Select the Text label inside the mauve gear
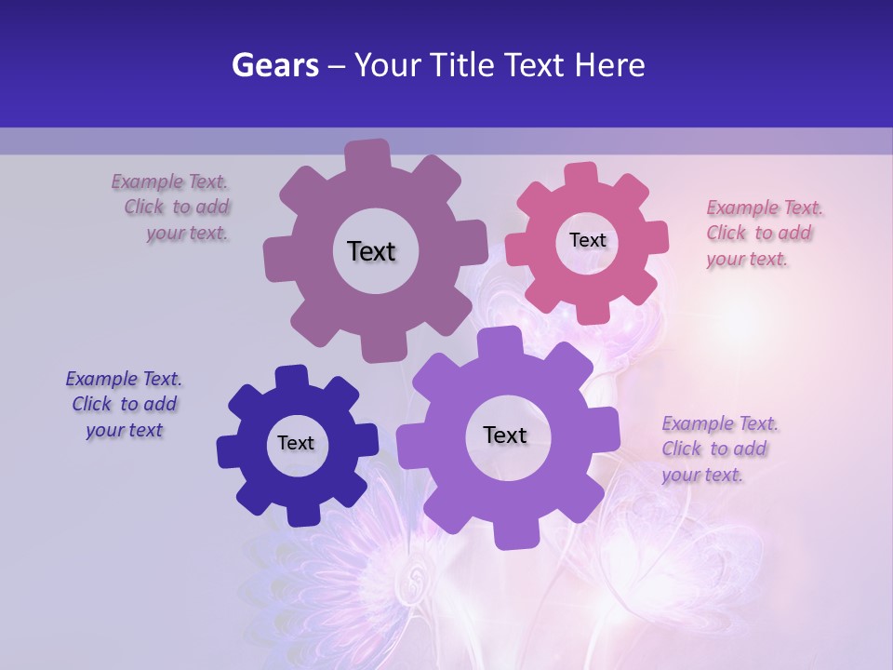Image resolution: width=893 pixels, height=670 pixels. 371,251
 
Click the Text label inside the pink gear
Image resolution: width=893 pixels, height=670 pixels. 587,240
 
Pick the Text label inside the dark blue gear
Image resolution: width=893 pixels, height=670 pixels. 296,443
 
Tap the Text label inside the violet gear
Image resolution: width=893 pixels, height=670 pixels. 505,435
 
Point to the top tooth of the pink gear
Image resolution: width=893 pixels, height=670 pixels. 581,174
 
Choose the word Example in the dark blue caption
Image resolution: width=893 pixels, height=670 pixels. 100,379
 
